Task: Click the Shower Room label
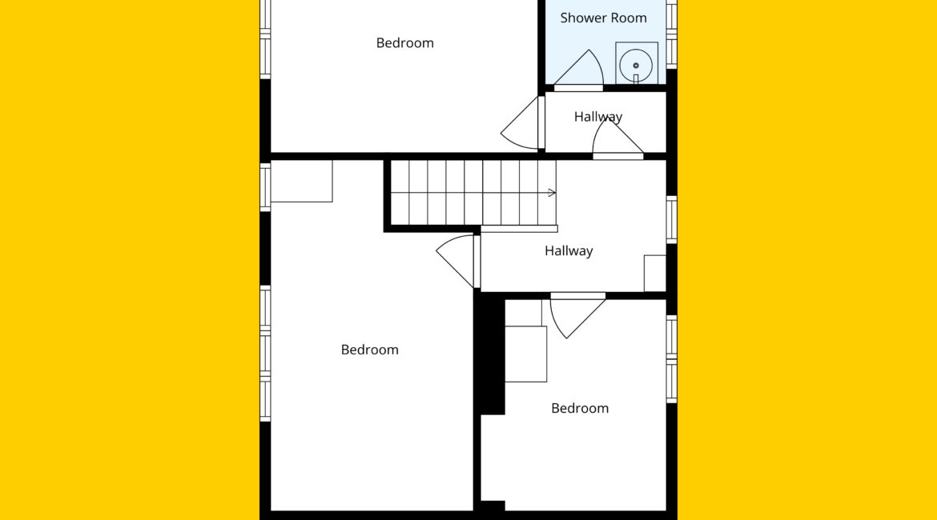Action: [x=603, y=18]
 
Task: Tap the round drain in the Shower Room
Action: [x=636, y=66]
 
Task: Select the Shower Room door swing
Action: [x=578, y=70]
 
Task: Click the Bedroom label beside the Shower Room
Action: [x=404, y=43]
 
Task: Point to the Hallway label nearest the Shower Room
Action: [x=598, y=117]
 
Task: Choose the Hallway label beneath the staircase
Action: [x=569, y=250]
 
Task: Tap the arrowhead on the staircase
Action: [x=552, y=193]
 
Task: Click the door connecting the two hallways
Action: [x=618, y=140]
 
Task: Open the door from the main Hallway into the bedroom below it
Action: [x=577, y=314]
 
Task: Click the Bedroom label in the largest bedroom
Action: [x=369, y=350]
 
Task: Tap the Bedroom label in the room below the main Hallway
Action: [x=580, y=408]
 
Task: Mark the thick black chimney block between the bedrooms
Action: [x=490, y=355]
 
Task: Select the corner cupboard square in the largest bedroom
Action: [x=301, y=181]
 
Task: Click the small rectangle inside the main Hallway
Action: [x=655, y=274]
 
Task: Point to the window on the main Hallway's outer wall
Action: [x=672, y=220]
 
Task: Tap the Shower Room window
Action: [x=672, y=34]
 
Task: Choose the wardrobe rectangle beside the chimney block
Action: [x=526, y=354]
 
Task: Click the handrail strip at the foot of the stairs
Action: [x=519, y=229]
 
